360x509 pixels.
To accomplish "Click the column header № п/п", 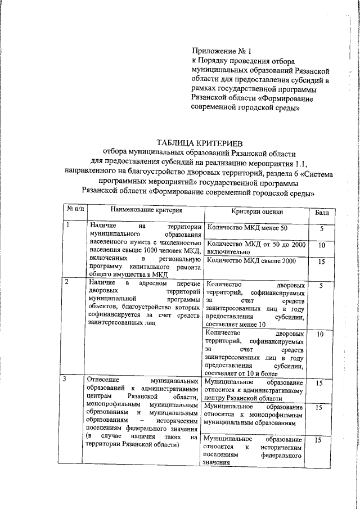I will coord(75,210).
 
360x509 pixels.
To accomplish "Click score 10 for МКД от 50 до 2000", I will coord(321,246).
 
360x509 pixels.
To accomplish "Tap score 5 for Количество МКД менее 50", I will coord(321,229).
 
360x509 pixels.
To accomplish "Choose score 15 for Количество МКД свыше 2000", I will coord(321,262).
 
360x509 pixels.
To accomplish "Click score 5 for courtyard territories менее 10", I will coord(321,286).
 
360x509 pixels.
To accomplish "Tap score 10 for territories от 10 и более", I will coord(320,335).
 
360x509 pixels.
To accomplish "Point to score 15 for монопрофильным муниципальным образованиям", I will coord(319,407).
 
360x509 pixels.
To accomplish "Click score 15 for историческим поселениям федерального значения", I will coord(319,442).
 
